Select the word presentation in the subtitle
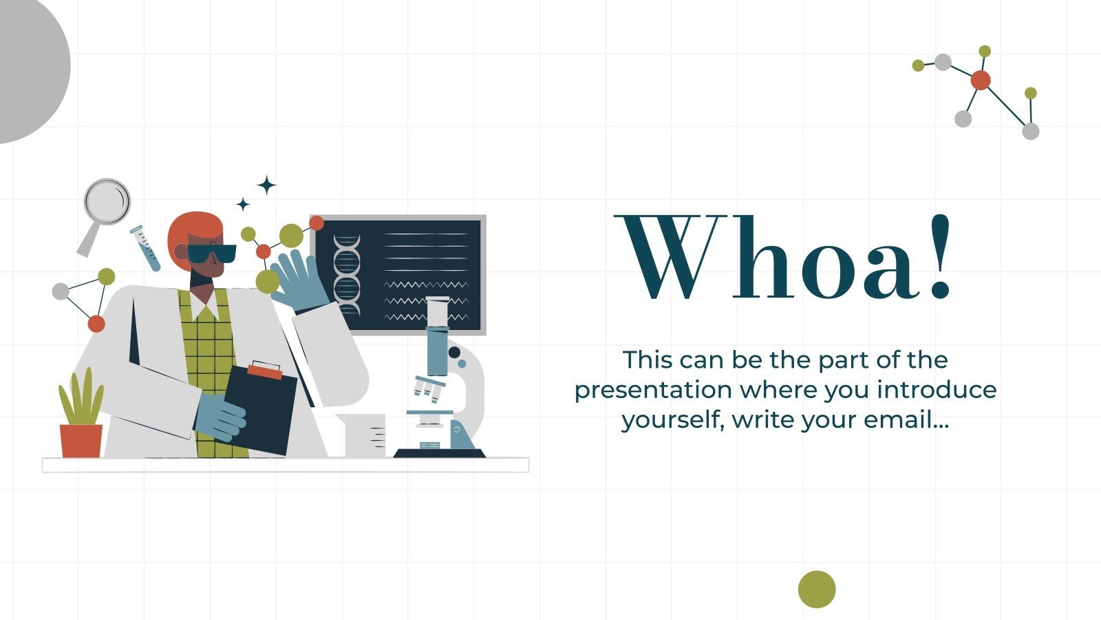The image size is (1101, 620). pos(653,390)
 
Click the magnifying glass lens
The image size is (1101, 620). pos(107,201)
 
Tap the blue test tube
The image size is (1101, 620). pos(146,248)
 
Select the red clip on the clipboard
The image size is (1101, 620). pos(264,371)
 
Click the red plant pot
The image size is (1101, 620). pos(81,441)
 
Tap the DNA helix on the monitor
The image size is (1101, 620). pos(347,274)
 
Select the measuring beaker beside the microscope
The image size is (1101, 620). pos(368,435)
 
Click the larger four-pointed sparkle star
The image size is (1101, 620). pos(266,185)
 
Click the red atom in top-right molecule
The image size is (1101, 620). pos(981,81)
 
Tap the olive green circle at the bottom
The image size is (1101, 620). pos(817,589)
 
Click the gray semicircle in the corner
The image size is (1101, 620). pos(31,65)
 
